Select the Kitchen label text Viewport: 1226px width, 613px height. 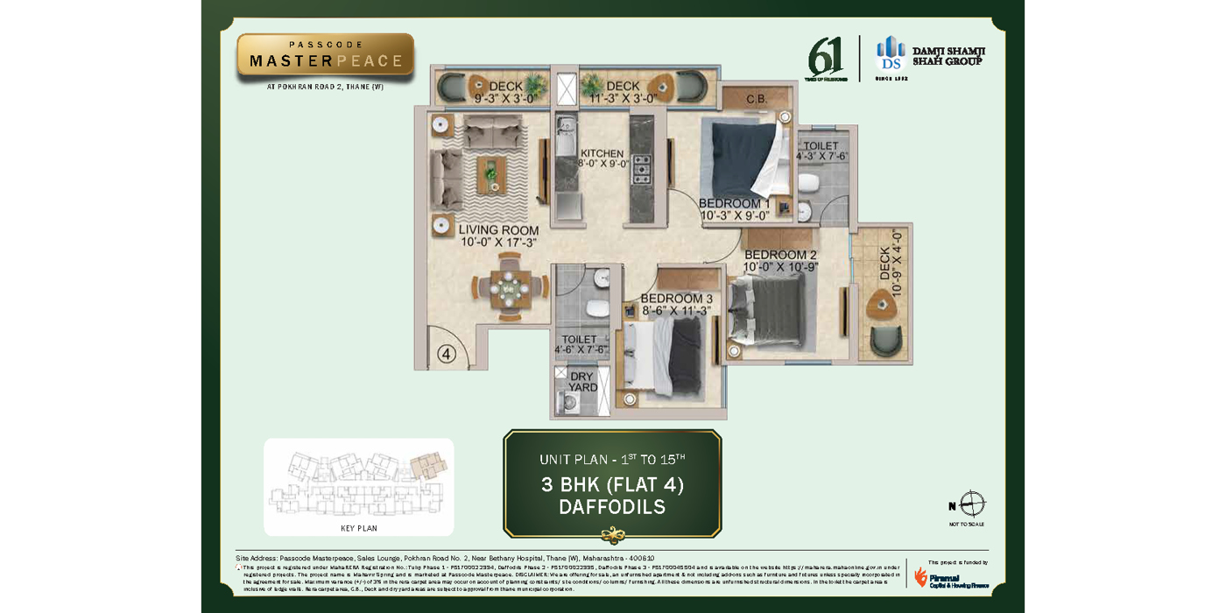click(x=602, y=154)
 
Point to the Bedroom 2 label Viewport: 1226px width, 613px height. click(x=780, y=256)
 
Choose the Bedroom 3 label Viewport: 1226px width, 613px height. click(x=676, y=299)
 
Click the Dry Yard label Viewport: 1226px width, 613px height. click(x=582, y=382)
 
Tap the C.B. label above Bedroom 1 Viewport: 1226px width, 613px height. click(x=757, y=100)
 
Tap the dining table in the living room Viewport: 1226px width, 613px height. click(x=508, y=286)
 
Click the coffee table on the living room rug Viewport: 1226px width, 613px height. click(x=491, y=174)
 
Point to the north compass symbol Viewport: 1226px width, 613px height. click(x=972, y=505)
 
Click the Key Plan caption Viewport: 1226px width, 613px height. click(x=359, y=529)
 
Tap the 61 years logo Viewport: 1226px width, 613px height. click(x=826, y=59)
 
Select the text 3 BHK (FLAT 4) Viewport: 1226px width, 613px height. click(x=612, y=484)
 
